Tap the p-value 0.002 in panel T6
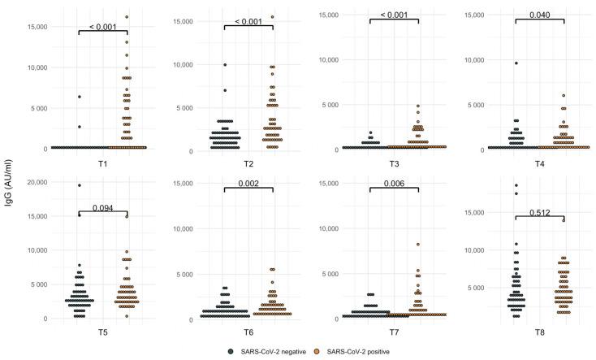(x=248, y=184)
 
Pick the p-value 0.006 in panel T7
(x=394, y=184)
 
